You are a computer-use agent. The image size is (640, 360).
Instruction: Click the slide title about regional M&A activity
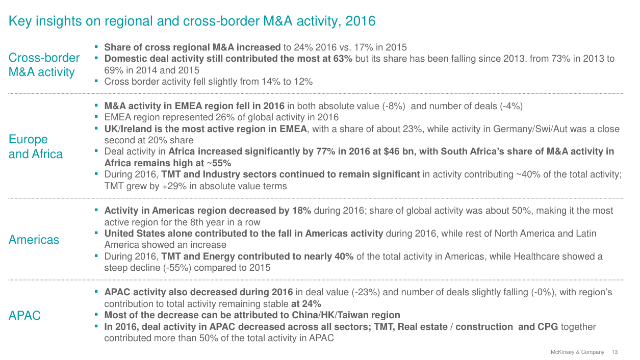click(192, 21)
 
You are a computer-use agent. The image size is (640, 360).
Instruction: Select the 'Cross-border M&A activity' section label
click(44, 65)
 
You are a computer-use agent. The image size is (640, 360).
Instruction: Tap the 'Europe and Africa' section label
click(36, 147)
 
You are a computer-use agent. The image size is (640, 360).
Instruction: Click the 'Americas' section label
click(34, 240)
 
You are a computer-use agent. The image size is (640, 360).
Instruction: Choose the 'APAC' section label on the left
click(24, 316)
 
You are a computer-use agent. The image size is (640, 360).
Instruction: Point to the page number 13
click(615, 352)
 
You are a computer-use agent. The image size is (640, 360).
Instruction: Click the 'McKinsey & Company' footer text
click(577, 352)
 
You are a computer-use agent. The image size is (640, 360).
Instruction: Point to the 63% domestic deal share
click(342, 59)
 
